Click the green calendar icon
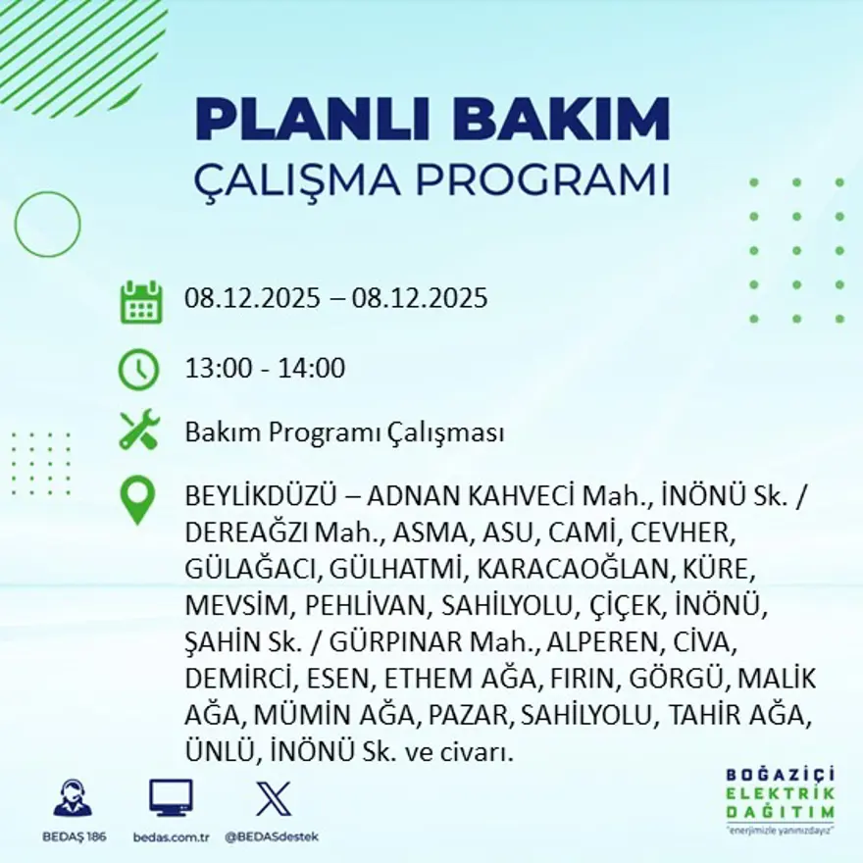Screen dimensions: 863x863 (x=140, y=302)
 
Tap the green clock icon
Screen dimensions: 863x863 (x=138, y=369)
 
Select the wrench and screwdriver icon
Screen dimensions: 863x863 (x=139, y=431)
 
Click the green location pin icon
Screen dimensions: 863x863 (x=137, y=499)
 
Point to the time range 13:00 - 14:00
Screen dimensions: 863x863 (x=265, y=369)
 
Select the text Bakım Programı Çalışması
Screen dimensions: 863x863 (x=344, y=432)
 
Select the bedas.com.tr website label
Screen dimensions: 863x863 (x=171, y=837)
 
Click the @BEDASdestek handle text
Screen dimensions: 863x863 (x=272, y=837)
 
